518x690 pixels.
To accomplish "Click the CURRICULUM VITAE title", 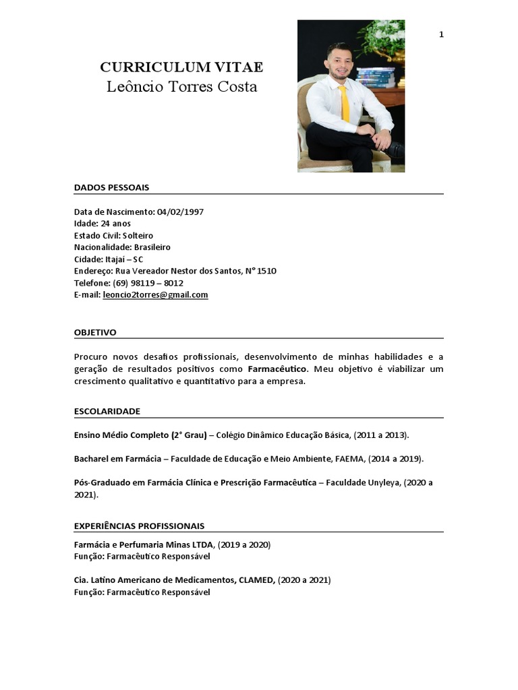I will coord(181,67).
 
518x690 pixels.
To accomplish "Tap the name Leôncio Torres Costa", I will coord(181,87).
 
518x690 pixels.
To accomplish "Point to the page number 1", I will coord(441,34).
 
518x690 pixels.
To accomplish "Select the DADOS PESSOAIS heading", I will coord(111,187).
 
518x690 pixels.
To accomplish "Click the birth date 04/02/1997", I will coord(180,212).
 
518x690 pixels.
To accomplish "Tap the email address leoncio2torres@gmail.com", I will coord(155,295).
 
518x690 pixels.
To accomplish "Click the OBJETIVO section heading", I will coord(95,332).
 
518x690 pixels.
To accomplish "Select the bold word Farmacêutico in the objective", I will coord(277,369).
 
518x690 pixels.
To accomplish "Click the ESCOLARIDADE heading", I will coord(107,410).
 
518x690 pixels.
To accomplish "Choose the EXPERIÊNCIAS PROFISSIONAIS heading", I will coord(139,526).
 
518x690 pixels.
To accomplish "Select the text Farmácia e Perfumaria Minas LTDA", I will coord(144,544).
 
